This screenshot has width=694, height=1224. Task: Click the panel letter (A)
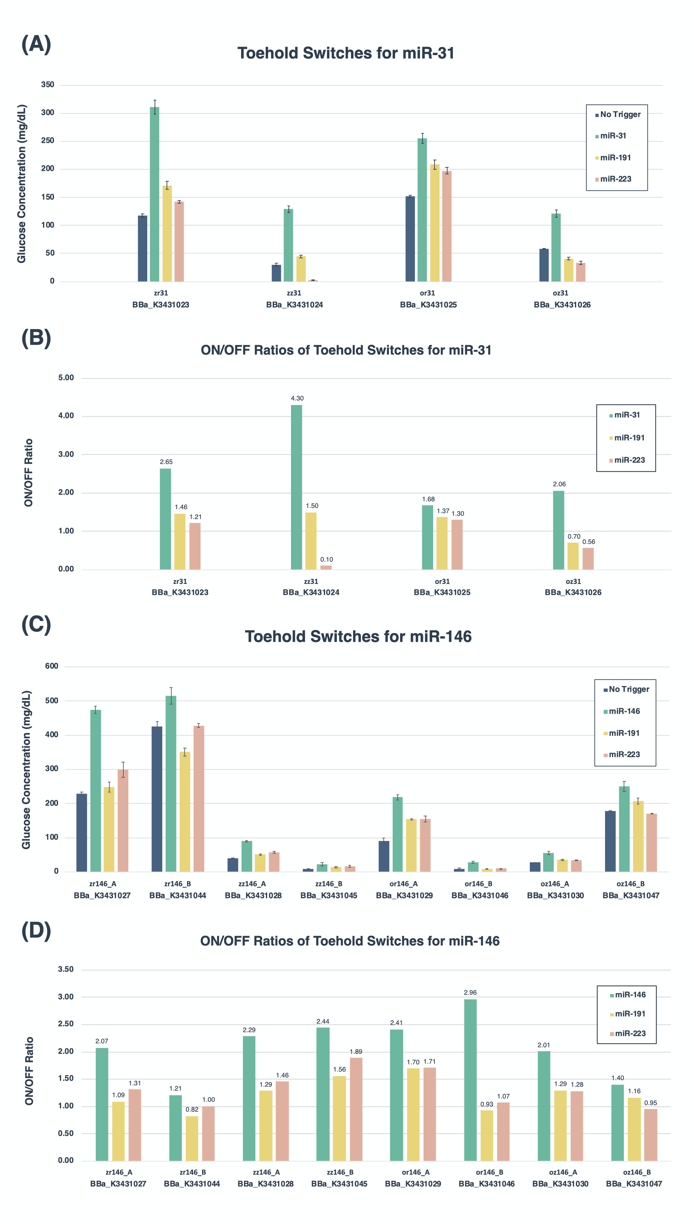pyautogui.click(x=36, y=45)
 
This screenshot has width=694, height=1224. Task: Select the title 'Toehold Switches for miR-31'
pyautogui.click(x=346, y=53)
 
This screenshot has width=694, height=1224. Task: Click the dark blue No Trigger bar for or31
pyautogui.click(x=410, y=239)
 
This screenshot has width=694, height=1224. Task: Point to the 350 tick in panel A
pyautogui.click(x=48, y=85)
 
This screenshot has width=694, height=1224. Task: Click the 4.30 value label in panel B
pyautogui.click(x=297, y=398)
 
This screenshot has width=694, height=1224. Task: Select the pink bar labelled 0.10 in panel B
pyautogui.click(x=326, y=567)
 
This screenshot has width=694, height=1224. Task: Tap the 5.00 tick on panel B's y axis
pyautogui.click(x=66, y=378)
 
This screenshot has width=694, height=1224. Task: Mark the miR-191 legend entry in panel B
pyautogui.click(x=629, y=438)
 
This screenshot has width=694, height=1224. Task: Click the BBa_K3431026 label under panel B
pyautogui.click(x=573, y=592)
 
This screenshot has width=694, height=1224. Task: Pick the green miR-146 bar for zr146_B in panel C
pyautogui.click(x=171, y=784)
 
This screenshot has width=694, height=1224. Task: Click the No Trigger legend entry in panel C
pyautogui.click(x=629, y=690)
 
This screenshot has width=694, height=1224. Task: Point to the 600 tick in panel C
pyautogui.click(x=51, y=666)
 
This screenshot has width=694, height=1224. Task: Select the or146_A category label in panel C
pyautogui.click(x=404, y=884)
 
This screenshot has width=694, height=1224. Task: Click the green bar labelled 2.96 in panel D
pyautogui.click(x=470, y=1080)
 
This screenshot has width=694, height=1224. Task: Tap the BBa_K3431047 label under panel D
pyautogui.click(x=634, y=1184)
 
